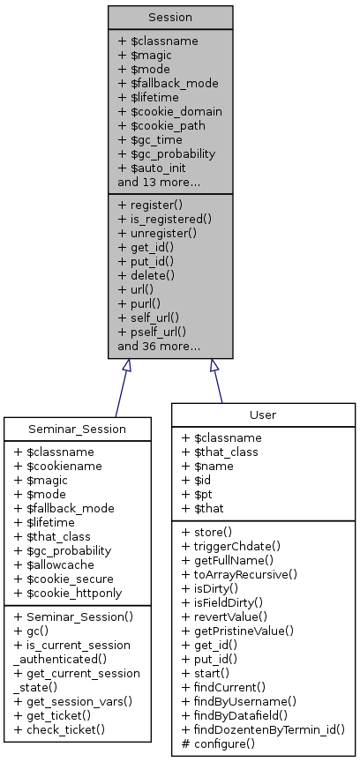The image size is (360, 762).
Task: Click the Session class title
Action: [170, 17]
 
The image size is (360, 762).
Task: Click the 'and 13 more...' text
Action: [158, 182]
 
